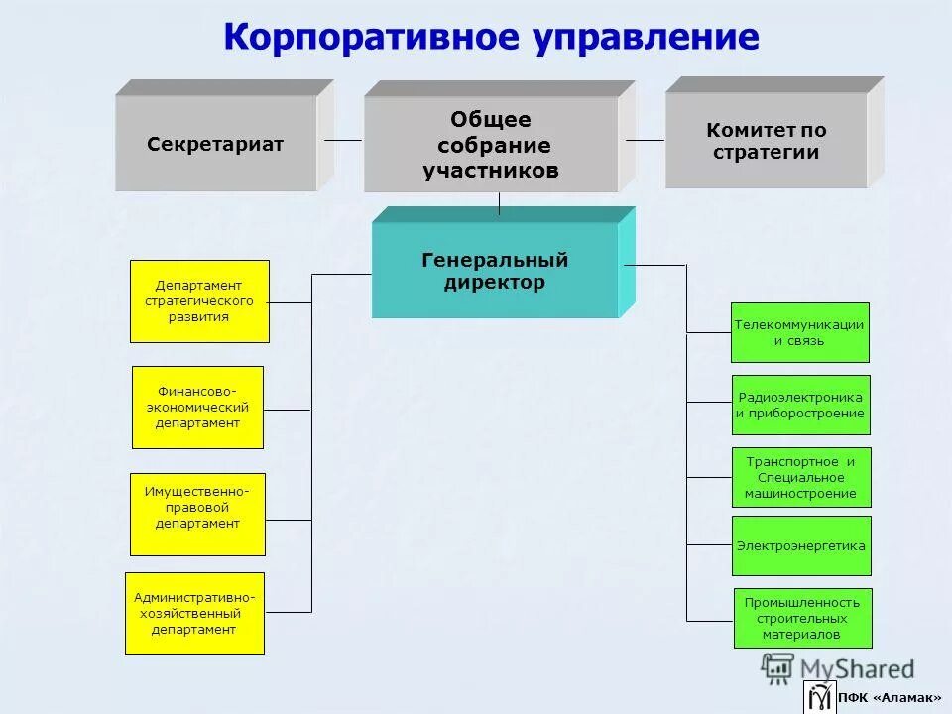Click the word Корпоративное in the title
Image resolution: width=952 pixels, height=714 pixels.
click(372, 38)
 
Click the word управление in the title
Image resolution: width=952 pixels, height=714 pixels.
click(646, 38)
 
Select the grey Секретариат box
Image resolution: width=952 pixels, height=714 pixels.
click(215, 144)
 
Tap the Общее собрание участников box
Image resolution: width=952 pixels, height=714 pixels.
click(491, 145)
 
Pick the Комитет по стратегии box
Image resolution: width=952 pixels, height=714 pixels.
click(766, 141)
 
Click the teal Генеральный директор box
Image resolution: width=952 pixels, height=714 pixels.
click(495, 270)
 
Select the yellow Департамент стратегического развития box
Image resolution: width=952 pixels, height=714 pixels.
click(199, 301)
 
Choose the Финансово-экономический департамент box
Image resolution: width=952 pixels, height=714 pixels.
click(197, 407)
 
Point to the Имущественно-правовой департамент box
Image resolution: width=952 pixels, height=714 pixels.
click(197, 514)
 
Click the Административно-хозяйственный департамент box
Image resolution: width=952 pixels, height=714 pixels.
click(194, 613)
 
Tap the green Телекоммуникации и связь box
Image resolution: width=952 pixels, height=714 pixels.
click(799, 332)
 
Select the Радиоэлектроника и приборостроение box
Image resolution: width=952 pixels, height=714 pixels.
click(800, 405)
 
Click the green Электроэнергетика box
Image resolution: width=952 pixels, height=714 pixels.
click(801, 545)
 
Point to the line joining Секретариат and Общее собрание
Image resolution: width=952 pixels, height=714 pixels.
click(343, 140)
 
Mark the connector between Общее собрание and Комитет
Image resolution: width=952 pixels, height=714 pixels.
click(645, 140)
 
